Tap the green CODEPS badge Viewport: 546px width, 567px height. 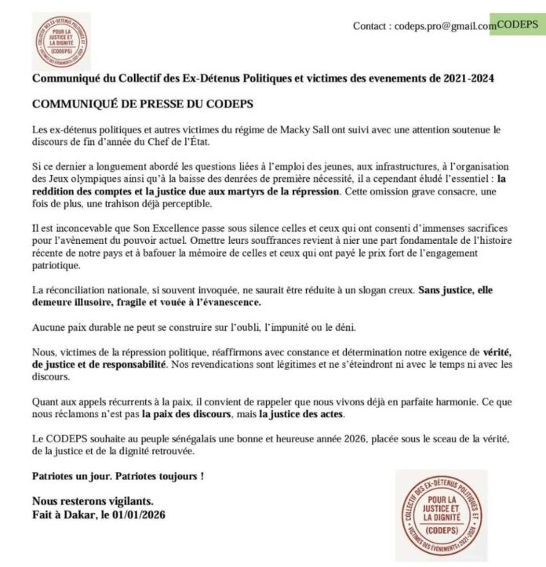coord(518,24)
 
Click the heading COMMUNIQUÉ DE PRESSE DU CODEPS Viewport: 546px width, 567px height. coord(143,104)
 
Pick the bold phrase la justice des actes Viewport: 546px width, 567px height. coord(307,413)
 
